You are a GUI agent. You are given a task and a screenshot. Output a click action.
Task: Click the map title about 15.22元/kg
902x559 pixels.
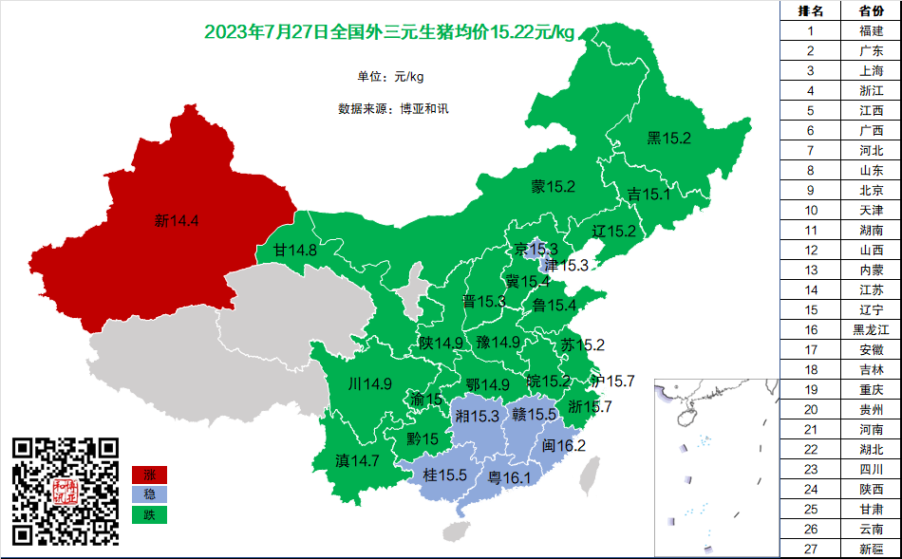[x=390, y=32]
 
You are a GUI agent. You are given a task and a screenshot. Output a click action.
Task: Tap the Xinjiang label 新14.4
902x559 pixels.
[x=177, y=221]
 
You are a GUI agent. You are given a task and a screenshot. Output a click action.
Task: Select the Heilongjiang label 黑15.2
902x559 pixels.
[x=669, y=139]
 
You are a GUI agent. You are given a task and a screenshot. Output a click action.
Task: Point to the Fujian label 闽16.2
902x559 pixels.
[x=564, y=446]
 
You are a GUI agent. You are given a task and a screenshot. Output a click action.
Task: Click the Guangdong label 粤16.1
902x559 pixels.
[x=509, y=477]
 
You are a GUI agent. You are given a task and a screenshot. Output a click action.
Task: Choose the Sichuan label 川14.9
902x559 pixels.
[x=370, y=384]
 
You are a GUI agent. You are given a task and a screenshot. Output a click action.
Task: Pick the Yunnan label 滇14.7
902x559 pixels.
[x=358, y=460]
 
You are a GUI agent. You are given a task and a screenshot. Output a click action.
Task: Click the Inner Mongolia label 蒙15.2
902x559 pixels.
[x=554, y=186]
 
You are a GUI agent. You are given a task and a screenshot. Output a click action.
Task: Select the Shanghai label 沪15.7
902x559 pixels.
[x=612, y=381]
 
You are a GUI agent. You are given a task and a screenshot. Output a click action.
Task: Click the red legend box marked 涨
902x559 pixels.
[x=149, y=475]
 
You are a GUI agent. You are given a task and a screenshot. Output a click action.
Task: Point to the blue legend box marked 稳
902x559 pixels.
[x=149, y=494]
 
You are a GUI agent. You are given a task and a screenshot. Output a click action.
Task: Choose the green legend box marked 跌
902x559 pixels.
[x=149, y=514]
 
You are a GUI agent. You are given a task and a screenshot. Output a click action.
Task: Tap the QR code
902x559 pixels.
[x=66, y=491]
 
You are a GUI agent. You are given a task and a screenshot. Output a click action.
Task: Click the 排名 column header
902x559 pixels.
[x=810, y=10]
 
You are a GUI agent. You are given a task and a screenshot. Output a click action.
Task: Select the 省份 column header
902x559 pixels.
[x=871, y=10]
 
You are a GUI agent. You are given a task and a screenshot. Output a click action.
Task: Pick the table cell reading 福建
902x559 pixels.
[x=871, y=30]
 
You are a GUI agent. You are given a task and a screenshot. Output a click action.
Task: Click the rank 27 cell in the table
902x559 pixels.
[x=810, y=549]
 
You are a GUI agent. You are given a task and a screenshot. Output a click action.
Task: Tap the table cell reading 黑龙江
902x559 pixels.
[x=871, y=329]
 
